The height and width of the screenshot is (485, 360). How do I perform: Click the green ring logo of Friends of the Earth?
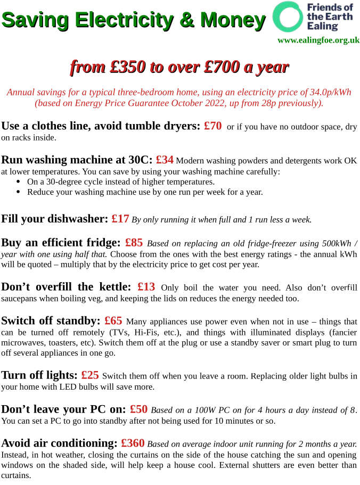click(288, 17)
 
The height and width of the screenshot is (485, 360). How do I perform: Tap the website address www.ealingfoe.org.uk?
click(318, 40)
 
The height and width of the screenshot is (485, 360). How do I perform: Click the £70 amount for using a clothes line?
click(212, 126)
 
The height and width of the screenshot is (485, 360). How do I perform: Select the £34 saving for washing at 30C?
click(165, 160)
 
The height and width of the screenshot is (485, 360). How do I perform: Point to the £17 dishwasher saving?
click(120, 219)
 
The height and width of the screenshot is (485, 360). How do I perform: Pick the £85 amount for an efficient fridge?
click(134, 243)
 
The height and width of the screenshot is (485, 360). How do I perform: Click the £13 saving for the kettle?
click(146, 287)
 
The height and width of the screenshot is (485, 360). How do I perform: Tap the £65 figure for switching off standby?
click(113, 321)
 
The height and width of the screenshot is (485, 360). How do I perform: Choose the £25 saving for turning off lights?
click(90, 375)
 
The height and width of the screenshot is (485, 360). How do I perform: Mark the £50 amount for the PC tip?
click(138, 409)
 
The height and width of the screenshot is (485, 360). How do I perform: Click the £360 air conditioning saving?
click(133, 443)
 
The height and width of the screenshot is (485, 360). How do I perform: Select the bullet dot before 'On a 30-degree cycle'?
click(19, 182)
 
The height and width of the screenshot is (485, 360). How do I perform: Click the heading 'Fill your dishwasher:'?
click(54, 219)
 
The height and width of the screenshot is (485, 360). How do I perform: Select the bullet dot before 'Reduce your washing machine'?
click(19, 192)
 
